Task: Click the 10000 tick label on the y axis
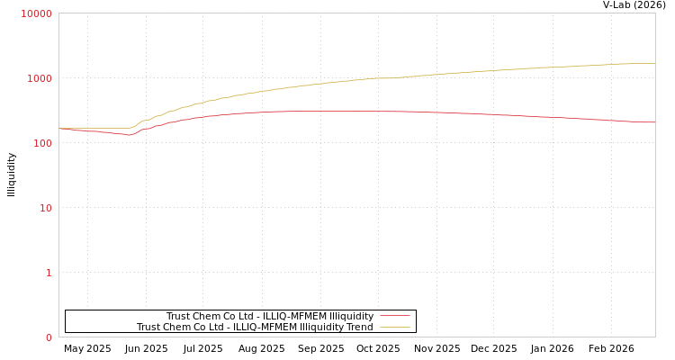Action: [x=36, y=13]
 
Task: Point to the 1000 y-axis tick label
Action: [x=39, y=78]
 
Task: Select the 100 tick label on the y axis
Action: [x=41, y=143]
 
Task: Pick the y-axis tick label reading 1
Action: [x=49, y=273]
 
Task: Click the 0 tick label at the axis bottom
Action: [x=49, y=337]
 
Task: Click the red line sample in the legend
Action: [x=394, y=316]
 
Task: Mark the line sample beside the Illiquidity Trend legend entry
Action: [x=394, y=327]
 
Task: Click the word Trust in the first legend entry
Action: [x=179, y=316]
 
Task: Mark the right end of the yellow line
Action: [x=654, y=63]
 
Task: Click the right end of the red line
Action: [x=654, y=122]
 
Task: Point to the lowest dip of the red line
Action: [x=129, y=135]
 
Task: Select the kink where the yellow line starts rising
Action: [x=130, y=128]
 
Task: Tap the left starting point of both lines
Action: [x=59, y=129]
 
